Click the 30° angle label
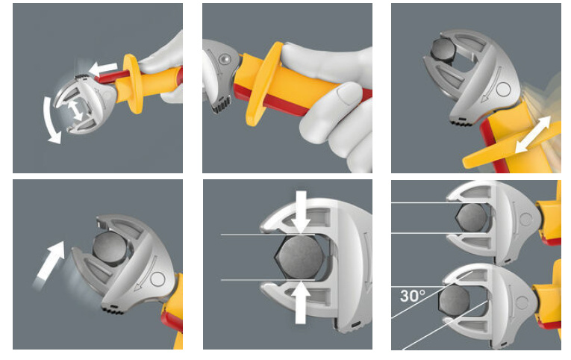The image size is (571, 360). [x=412, y=296]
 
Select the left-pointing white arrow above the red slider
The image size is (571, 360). [x=103, y=68]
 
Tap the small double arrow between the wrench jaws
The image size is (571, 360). [x=75, y=111]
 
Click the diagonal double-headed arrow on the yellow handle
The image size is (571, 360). [x=533, y=134]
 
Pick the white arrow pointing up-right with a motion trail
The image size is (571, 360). [x=50, y=263]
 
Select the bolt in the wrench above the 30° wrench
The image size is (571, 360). [x=472, y=217]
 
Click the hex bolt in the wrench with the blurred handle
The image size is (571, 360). [x=443, y=49]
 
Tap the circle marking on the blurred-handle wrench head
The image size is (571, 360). [x=503, y=89]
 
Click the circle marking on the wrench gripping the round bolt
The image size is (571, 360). [x=158, y=279]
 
